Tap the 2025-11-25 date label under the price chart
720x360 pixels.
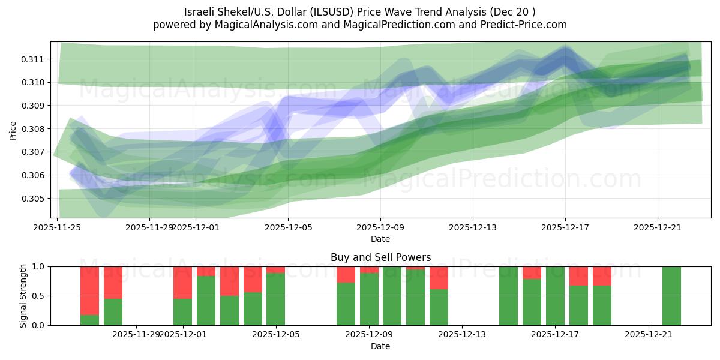pyautogui.click(x=57, y=227)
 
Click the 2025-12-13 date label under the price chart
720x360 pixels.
pyautogui.click(x=473, y=227)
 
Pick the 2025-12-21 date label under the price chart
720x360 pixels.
pyautogui.click(x=658, y=227)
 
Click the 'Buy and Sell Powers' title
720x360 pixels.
pyautogui.click(x=380, y=257)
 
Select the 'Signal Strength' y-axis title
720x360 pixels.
pyautogui.click(x=23, y=296)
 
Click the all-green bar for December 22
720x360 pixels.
pyautogui.click(x=671, y=296)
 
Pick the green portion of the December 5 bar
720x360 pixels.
pyautogui.click(x=276, y=299)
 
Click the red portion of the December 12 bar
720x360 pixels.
pyautogui.click(x=439, y=277)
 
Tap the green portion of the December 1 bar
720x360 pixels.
pyautogui.click(x=182, y=312)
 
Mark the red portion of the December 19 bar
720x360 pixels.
pyautogui.click(x=602, y=275)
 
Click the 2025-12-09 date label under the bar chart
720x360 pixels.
pyautogui.click(x=368, y=334)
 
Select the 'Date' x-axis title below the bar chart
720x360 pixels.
pyautogui.click(x=380, y=346)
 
